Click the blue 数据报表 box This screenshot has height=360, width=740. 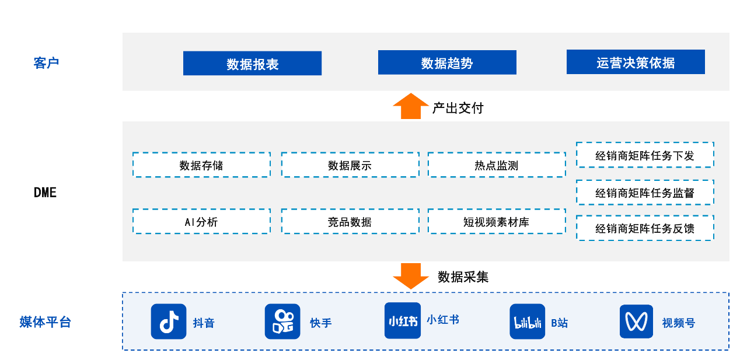click(x=252, y=64)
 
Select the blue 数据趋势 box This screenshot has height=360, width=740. click(x=447, y=62)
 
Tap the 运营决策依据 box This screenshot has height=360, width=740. click(x=636, y=62)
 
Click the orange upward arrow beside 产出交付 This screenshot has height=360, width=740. click(x=411, y=106)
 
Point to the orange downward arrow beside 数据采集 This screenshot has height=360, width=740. click(x=411, y=275)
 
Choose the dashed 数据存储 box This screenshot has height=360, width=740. click(x=201, y=165)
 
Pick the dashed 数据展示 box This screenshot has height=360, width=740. click(x=350, y=165)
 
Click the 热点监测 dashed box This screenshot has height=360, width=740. click(x=496, y=165)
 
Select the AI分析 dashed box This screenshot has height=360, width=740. click(x=201, y=222)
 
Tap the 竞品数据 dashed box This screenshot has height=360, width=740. click(x=350, y=222)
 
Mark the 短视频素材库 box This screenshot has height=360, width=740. click(x=496, y=222)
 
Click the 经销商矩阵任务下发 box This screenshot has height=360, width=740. click(x=645, y=155)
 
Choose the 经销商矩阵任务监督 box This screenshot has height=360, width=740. click(x=645, y=193)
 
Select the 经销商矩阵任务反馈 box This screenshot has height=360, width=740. click(x=645, y=228)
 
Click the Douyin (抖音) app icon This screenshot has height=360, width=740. click(x=169, y=321)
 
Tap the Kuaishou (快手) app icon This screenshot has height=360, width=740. click(x=282, y=321)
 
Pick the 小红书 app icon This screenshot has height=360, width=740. click(x=403, y=320)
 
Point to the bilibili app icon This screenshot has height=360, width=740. click(x=528, y=321)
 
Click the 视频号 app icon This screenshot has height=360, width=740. click(x=637, y=321)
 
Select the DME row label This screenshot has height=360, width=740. click(x=45, y=193)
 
